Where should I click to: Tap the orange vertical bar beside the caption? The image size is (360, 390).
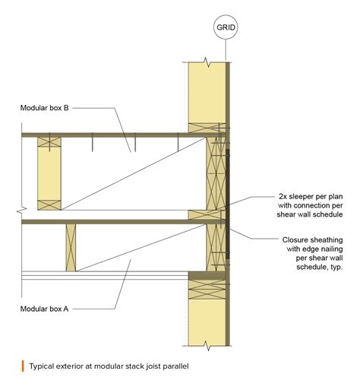[x=23, y=366]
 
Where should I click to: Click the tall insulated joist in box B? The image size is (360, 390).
[x=49, y=173]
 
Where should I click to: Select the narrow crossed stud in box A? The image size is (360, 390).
[x=71, y=247]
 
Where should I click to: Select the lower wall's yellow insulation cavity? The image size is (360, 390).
[x=206, y=319]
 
